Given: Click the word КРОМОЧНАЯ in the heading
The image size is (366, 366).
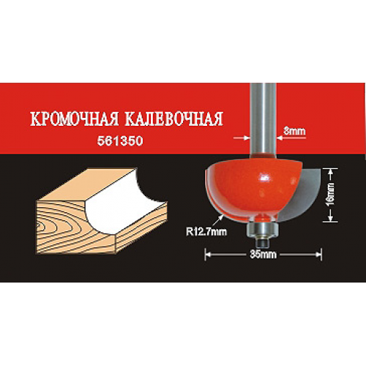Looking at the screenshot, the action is point(75,119).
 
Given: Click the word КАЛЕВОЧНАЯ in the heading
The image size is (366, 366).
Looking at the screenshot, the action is point(174,119).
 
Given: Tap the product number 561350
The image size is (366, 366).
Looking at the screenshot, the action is point(120,141).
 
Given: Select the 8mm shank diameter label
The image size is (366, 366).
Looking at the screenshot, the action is point(294,131).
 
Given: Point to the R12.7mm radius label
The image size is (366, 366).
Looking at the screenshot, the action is point(206,231).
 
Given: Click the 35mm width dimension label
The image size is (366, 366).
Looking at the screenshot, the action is point(263,255).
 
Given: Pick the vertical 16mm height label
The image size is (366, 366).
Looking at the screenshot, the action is point(331,195).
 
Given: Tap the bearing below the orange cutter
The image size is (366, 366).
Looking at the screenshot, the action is point(261,229).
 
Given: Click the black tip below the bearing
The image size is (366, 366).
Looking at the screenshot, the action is point(261,242).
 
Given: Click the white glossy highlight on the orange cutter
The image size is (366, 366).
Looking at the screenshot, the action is point(264,178).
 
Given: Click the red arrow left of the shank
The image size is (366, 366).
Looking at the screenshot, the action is point(242,138).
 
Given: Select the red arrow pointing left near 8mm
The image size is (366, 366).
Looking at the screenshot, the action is point(291,138).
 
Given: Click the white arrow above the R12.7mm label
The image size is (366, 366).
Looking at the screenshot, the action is point(218,220).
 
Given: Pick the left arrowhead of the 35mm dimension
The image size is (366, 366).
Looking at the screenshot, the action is point(207,255).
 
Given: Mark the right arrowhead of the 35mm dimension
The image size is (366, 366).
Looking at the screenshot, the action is point(318,255).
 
